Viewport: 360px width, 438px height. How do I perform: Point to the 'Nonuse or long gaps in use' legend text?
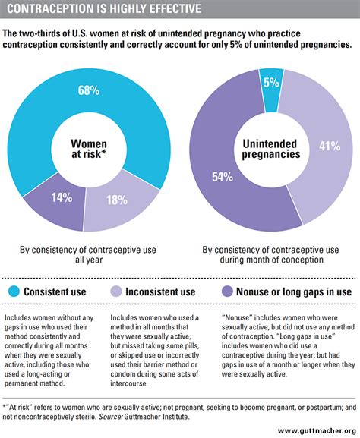(292, 291)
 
